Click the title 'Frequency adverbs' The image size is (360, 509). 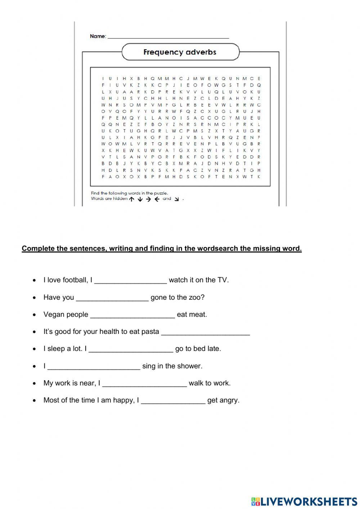tap(180, 52)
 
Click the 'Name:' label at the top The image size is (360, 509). tap(98, 36)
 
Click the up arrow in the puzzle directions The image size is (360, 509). tap(131, 199)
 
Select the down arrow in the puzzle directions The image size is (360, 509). tap(140, 199)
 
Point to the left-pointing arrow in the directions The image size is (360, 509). tap(157, 199)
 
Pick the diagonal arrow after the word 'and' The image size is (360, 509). tap(176, 199)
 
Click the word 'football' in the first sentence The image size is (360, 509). tap(75, 280)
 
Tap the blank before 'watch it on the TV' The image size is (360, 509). tap(131, 281)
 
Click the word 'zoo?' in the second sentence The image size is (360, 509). tap(196, 297)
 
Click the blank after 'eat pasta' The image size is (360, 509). tap(205, 333)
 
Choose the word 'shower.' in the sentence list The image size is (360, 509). tap(190, 366)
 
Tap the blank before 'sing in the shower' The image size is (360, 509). tap(94, 367)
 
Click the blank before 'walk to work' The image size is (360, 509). tap(144, 384)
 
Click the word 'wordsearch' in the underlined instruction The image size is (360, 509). tap(232, 248)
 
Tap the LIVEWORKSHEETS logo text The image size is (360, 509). tap(309, 501)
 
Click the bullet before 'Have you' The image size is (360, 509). tap(34, 298)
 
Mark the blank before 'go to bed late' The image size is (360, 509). tap(131, 350)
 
